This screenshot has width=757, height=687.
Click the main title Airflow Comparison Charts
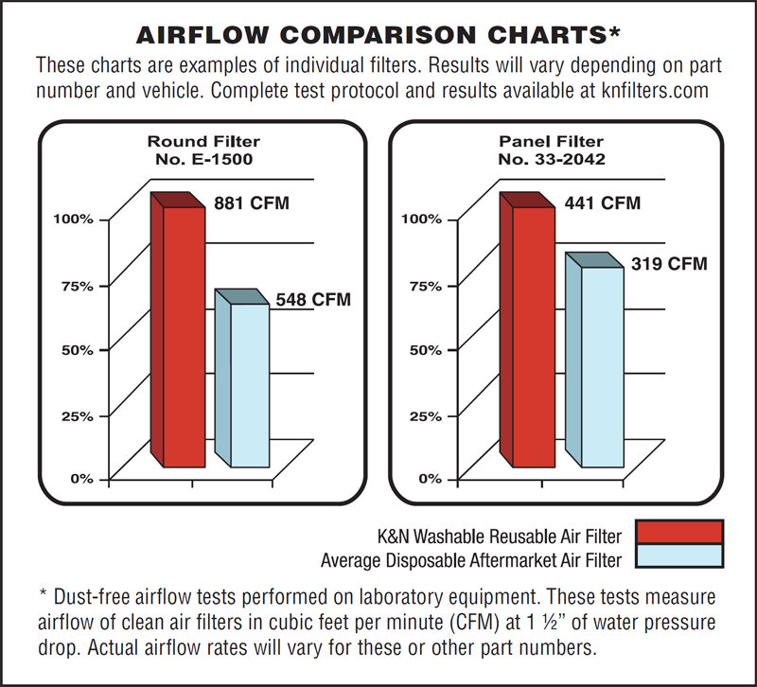click(378, 35)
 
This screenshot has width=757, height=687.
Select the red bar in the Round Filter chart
click(185, 336)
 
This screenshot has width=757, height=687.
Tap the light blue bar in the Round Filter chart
click(249, 383)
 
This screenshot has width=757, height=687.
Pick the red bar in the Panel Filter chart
click(533, 336)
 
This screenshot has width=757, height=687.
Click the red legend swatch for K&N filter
click(679, 532)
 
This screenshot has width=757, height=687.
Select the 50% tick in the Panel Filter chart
click(426, 350)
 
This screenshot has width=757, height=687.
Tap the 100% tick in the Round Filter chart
click(72, 220)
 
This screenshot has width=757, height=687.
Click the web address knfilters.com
click(649, 94)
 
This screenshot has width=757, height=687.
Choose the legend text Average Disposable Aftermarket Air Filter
click(471, 560)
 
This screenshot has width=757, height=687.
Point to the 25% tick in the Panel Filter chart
click(426, 416)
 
